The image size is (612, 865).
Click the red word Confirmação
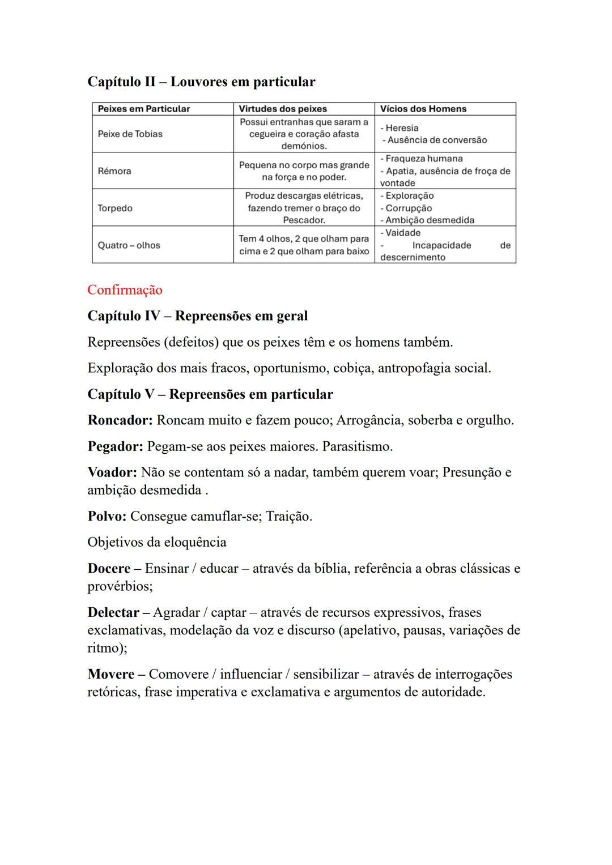pos(125,290)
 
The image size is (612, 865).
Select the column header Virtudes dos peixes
pos(282,109)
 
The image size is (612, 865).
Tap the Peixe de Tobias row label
pos(130,134)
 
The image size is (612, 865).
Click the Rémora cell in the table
pos(114,171)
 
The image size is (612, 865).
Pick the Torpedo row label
pos(115,208)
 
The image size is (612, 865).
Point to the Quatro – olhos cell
pos(129,245)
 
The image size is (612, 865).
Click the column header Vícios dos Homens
pos(423,109)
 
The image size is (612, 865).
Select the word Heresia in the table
pos(402,128)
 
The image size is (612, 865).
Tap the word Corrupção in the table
pos(409,208)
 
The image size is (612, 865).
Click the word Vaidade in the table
pos(402,233)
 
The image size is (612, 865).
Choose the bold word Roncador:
pos(120,420)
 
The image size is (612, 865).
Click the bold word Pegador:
pos(115,446)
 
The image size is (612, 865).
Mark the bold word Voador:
pos(112,472)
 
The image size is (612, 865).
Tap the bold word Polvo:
pos(107,517)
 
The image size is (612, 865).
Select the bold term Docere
pos(109,569)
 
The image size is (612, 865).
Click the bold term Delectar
pos(113,613)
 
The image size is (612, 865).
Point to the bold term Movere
pos(111,675)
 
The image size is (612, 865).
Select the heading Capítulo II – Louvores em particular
pos(201,82)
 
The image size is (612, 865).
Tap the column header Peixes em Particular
pos(144,109)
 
